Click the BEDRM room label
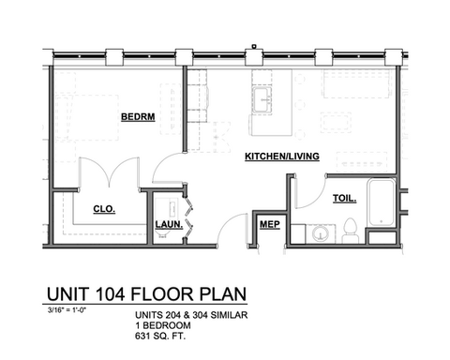(138, 117)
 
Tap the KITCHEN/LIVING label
(282, 157)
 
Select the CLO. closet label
(104, 209)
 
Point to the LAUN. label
(169, 224)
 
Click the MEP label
(270, 224)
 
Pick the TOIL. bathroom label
(344, 198)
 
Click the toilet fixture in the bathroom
(350, 231)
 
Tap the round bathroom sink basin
(321, 233)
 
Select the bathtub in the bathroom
(381, 202)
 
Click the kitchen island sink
(262, 99)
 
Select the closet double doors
(109, 172)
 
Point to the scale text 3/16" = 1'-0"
(67, 310)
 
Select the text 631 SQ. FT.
(160, 337)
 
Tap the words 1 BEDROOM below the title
(163, 325)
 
